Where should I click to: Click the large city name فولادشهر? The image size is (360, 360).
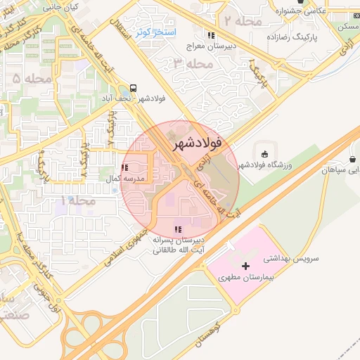195,142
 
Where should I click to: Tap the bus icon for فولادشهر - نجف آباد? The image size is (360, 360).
133,90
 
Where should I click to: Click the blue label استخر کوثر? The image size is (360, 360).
156,32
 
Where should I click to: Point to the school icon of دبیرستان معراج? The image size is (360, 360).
210,36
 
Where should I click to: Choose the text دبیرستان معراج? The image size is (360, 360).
210,46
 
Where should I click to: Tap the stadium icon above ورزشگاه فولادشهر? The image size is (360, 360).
264,154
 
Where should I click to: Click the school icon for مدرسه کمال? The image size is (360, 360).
124,168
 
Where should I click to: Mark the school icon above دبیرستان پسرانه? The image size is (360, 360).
178,229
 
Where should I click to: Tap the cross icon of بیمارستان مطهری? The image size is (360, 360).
245,266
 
